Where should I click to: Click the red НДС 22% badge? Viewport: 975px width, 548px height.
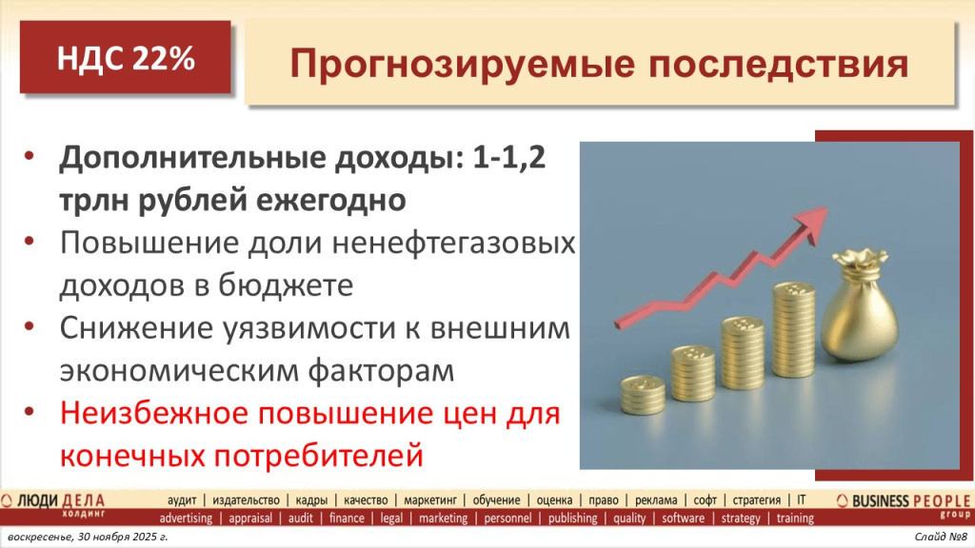click(x=126, y=58)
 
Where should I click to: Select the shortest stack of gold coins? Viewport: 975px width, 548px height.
click(x=643, y=395)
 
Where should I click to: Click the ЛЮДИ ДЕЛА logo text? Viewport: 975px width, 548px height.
click(x=62, y=499)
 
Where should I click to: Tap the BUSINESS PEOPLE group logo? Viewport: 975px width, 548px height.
click(x=903, y=502)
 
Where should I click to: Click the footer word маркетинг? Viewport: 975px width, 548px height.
click(x=432, y=499)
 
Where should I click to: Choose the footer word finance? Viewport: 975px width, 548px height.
click(x=347, y=519)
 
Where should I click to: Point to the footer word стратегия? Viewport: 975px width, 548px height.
click(x=757, y=499)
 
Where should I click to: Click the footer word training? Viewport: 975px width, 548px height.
click(x=794, y=519)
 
